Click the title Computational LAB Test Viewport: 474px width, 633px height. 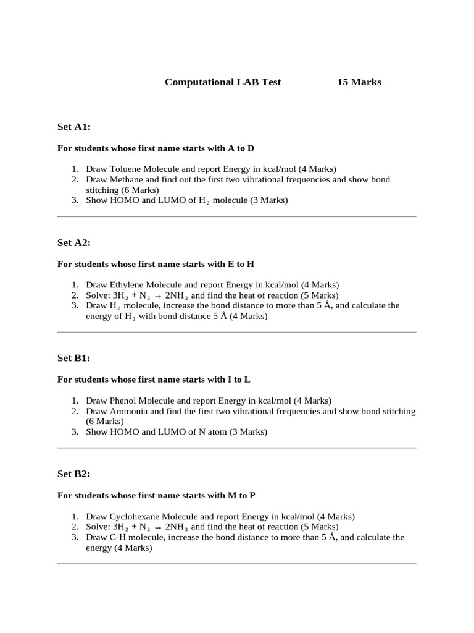point(223,82)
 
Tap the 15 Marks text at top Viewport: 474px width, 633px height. point(359,82)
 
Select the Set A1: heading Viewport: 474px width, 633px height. point(74,127)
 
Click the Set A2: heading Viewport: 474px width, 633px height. point(74,242)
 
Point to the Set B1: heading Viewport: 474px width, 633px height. point(74,358)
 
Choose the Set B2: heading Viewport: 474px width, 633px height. point(74,474)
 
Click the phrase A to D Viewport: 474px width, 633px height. point(241,148)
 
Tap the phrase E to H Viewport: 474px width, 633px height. point(241,264)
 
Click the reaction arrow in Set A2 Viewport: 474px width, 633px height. point(157,296)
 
